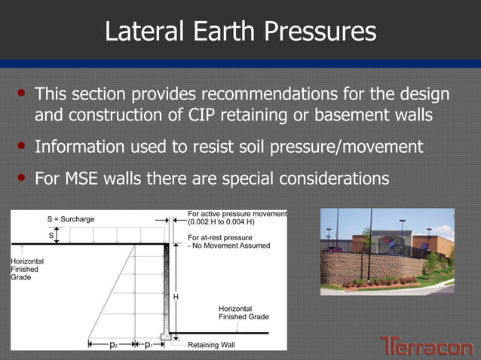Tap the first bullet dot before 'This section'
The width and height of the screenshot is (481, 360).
22,94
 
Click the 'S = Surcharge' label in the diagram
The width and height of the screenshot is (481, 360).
73,219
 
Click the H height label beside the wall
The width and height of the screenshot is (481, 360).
176,297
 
